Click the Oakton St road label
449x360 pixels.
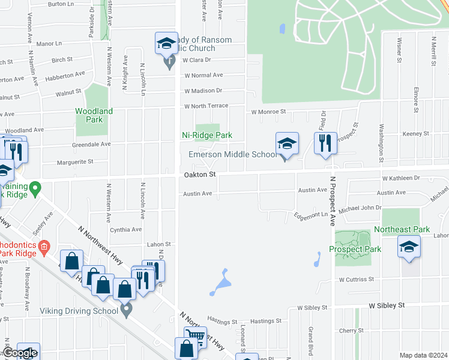click(x=199, y=174)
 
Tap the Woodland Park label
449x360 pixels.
click(x=94, y=115)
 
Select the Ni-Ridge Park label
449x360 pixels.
click(x=207, y=136)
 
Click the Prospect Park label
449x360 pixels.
click(x=355, y=249)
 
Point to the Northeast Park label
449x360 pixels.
click(x=402, y=229)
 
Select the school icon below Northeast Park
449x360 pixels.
click(x=409, y=247)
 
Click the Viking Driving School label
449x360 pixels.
click(x=79, y=311)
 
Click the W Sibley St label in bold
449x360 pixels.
click(x=387, y=305)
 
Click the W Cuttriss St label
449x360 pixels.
click(x=356, y=280)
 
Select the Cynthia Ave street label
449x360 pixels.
click(x=125, y=229)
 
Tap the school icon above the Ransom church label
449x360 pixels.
click(x=167, y=43)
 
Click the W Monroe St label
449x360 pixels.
click(x=268, y=112)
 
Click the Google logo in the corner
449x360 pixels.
click(x=20, y=353)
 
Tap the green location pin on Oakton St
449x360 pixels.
click(x=35, y=189)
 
